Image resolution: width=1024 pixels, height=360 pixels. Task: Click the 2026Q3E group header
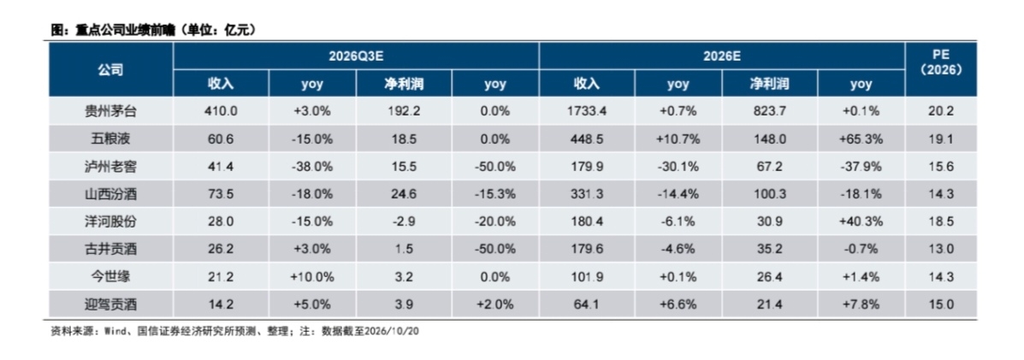point(355,56)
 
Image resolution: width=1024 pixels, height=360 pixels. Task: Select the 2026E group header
point(722,56)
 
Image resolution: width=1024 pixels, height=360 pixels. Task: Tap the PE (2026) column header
point(940,62)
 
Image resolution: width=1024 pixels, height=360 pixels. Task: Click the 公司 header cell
point(111,70)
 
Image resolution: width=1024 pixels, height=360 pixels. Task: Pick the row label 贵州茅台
point(111,112)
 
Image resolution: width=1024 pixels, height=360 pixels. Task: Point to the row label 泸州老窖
point(111,167)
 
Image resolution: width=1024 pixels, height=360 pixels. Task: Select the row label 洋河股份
point(111,221)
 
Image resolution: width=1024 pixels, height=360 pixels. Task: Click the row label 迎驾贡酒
point(111,304)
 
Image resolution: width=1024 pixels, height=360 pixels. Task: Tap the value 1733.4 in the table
point(587,112)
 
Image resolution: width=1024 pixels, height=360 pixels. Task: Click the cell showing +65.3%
point(861,139)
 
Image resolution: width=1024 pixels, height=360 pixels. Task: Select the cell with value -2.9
point(405,221)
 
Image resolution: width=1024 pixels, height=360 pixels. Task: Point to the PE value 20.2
point(940,112)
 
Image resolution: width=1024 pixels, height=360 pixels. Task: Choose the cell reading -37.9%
point(861,167)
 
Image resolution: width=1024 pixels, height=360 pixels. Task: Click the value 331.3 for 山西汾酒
point(587,194)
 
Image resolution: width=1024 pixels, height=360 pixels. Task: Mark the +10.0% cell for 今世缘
point(312,276)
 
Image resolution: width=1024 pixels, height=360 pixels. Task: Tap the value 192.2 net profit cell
point(405,112)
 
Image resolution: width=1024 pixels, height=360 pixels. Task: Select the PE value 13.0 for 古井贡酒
point(940,249)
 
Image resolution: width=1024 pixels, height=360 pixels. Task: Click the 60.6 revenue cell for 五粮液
point(221,139)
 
